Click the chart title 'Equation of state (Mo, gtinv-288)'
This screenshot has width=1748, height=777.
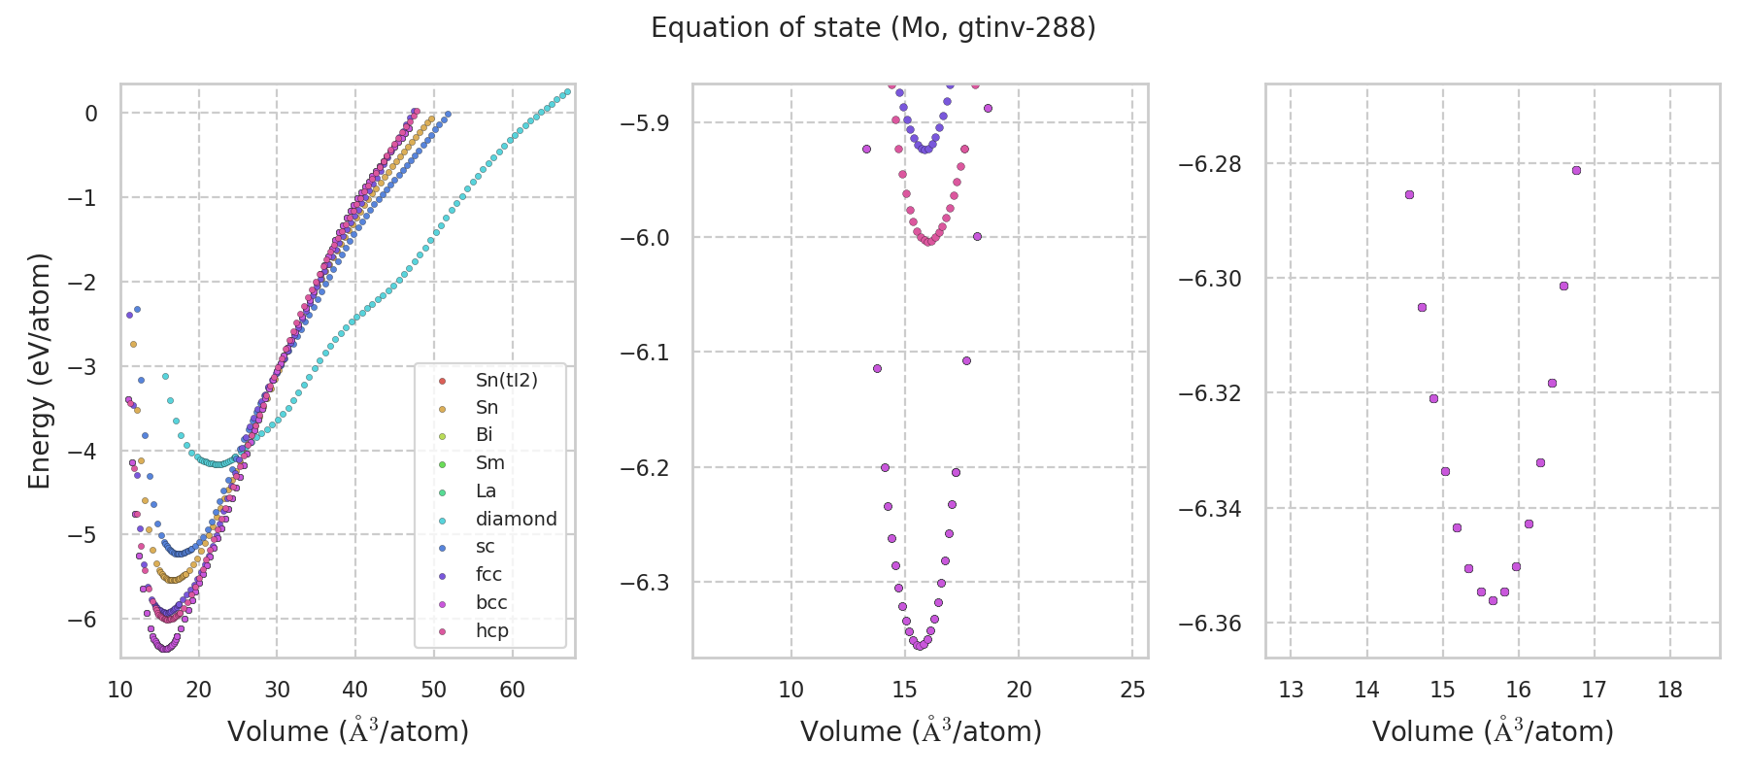[873, 28]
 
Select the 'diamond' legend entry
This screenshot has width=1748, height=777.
[516, 519]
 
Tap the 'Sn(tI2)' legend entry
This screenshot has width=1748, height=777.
[506, 380]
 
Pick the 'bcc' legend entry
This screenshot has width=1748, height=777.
[491, 602]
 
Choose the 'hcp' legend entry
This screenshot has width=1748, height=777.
[491, 630]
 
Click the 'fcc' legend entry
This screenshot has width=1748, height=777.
[488, 574]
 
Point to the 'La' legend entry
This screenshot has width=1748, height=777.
[486, 490]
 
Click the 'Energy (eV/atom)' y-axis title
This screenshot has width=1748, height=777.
[39, 370]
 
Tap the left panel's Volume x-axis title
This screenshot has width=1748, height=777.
[348, 730]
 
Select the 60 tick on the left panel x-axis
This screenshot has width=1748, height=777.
[512, 690]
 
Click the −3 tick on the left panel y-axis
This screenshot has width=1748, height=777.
[90, 366]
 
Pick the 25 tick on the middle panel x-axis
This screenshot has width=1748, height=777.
[1132, 690]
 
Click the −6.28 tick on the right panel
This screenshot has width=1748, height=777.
[1209, 163]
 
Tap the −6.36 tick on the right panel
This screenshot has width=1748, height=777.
[1209, 623]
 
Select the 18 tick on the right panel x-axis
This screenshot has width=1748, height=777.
[1669, 690]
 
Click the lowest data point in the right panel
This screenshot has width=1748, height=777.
[1493, 600]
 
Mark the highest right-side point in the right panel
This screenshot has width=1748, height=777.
[1576, 170]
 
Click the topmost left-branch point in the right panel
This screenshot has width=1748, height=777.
[1409, 194]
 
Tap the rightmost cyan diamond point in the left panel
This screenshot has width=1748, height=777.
[567, 92]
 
